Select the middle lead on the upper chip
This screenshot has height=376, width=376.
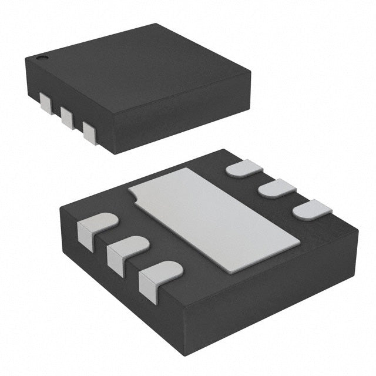pyautogui.click(x=67, y=117)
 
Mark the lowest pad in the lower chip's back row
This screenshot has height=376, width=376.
pyautogui.click(x=311, y=209)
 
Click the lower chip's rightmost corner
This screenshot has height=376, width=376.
pyautogui.click(x=358, y=230)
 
